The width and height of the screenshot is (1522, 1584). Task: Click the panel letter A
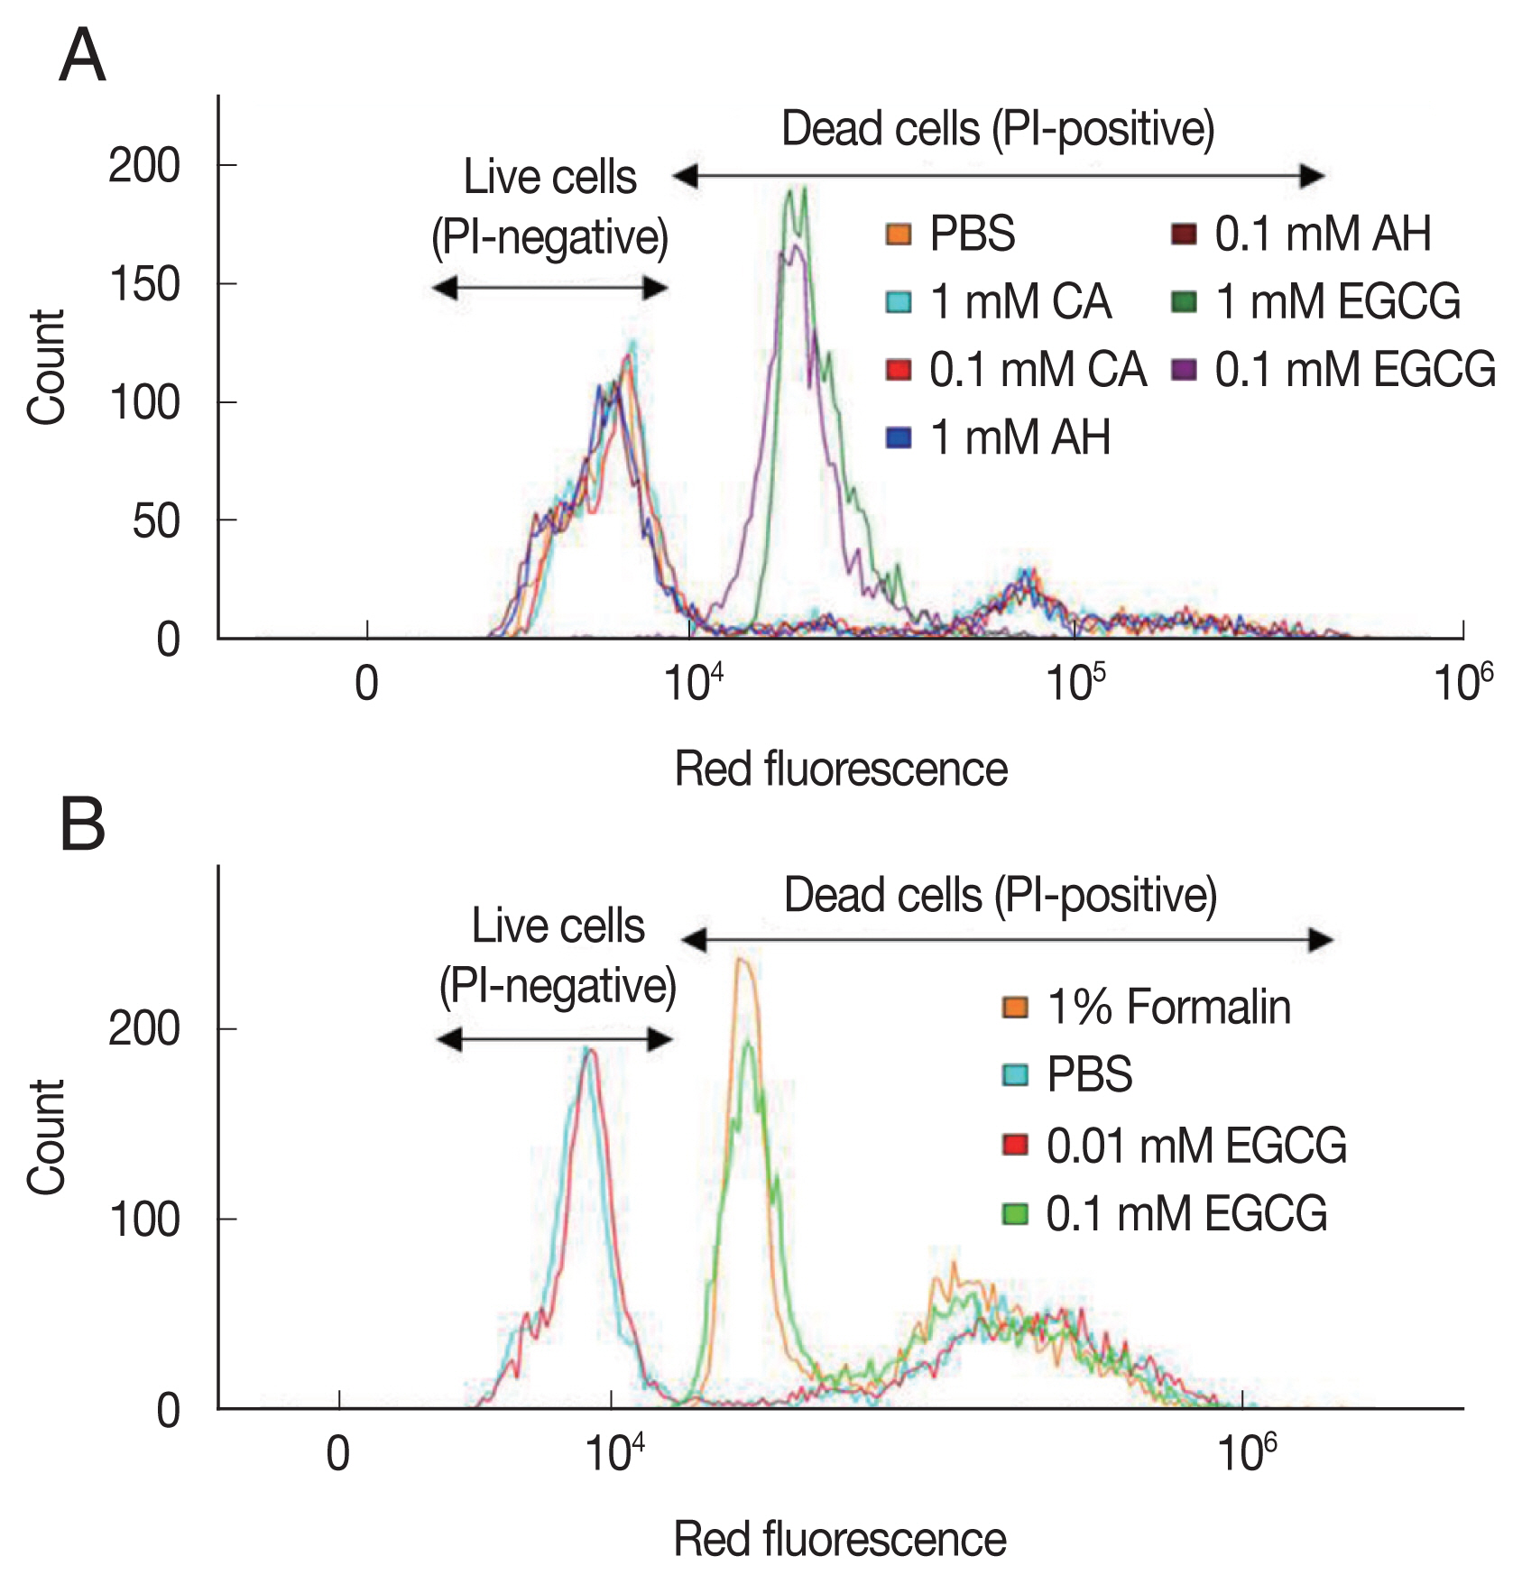(x=82, y=56)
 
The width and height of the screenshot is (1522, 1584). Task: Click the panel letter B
(x=82, y=825)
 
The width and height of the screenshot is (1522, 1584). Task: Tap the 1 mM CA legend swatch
(x=899, y=301)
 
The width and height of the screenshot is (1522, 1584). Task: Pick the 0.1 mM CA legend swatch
(x=899, y=370)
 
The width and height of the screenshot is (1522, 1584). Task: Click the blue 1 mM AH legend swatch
(x=899, y=438)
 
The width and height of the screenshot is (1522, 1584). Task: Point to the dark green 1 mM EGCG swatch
(x=1184, y=301)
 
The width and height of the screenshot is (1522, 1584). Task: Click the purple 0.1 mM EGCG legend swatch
(x=1184, y=370)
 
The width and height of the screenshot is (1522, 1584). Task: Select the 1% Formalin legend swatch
(x=1015, y=1007)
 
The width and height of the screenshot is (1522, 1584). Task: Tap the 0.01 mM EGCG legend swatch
(x=1015, y=1146)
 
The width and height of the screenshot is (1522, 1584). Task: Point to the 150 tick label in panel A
(x=144, y=285)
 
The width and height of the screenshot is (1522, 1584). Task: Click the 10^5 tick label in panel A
(x=1075, y=683)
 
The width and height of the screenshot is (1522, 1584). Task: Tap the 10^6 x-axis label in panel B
(x=1246, y=1452)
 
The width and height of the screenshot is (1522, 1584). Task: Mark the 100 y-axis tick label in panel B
(x=144, y=1220)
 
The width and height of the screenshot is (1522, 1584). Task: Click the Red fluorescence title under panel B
(x=840, y=1539)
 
